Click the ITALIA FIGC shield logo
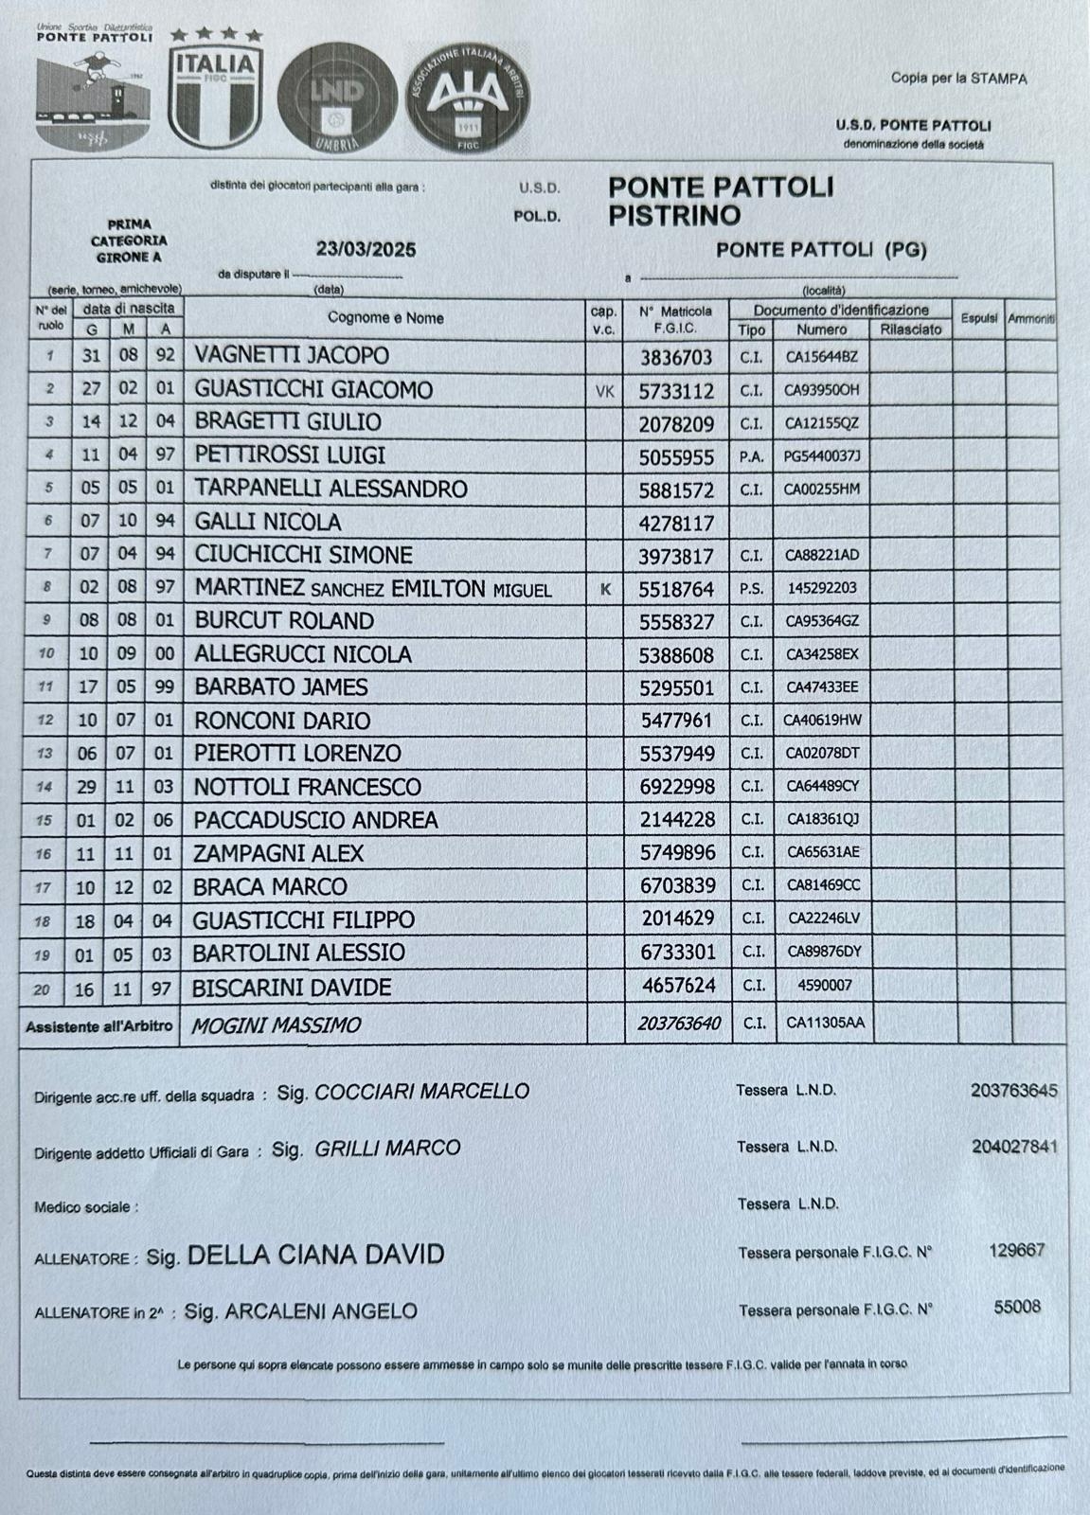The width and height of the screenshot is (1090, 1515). pyautogui.click(x=216, y=93)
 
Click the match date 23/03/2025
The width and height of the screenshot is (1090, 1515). pyautogui.click(x=366, y=250)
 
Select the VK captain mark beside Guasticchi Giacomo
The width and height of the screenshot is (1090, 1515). pyautogui.click(x=604, y=390)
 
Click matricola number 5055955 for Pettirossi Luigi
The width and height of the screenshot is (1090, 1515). pyautogui.click(x=676, y=457)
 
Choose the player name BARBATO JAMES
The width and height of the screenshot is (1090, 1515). pyautogui.click(x=281, y=686)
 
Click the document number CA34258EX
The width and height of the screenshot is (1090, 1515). pyautogui.click(x=821, y=654)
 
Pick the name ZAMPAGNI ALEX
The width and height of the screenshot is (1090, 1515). pyautogui.click(x=278, y=853)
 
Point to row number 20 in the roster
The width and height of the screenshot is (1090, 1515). pyautogui.click(x=41, y=989)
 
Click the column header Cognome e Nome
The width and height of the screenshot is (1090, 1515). pyautogui.click(x=385, y=318)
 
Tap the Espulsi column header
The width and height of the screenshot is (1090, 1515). pyautogui.click(x=978, y=318)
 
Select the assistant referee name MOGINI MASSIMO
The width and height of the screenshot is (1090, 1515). pyautogui.click(x=276, y=1025)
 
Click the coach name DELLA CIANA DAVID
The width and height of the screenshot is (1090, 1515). pyautogui.click(x=315, y=1256)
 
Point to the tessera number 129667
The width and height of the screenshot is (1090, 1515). pyautogui.click(x=1016, y=1250)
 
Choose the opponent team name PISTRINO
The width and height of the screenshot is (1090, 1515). pyautogui.click(x=674, y=215)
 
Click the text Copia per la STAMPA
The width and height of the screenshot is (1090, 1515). pyautogui.click(x=958, y=79)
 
